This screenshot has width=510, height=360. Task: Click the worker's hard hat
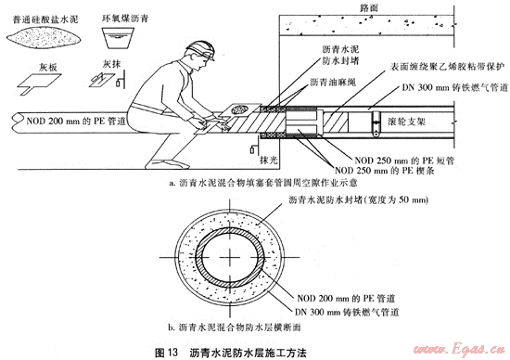[201, 49]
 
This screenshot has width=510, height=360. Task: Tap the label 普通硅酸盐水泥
[45, 19]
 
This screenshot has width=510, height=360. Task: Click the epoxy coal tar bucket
[118, 38]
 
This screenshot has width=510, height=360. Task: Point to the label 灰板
[48, 68]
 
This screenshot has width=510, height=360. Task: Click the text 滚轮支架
[406, 122]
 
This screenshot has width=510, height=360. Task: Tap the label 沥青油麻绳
[333, 82]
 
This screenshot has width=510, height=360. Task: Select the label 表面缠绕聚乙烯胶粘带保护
[448, 67]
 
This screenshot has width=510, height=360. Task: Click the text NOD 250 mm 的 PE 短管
[404, 161]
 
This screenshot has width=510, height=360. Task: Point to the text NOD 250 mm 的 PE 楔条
[385, 171]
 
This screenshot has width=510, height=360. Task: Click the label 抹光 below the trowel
[269, 161]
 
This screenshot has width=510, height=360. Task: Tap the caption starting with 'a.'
[263, 183]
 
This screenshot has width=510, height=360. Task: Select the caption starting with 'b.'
[235, 328]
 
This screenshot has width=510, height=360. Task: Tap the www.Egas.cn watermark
[459, 350]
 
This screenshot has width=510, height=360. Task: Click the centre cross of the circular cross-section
[230, 257]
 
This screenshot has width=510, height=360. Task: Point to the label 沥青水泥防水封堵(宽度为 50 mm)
[359, 199]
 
